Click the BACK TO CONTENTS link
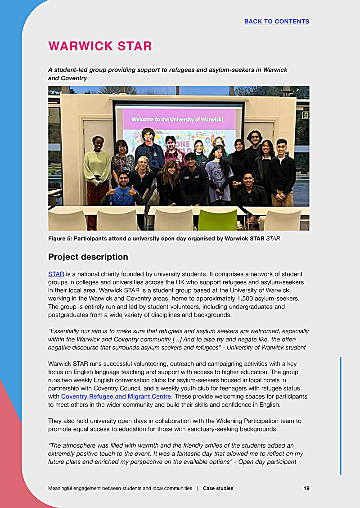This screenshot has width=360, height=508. (276, 21)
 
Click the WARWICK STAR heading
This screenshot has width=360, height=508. (100, 46)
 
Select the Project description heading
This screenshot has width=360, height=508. (88, 257)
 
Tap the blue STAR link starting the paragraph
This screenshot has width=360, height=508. (56, 274)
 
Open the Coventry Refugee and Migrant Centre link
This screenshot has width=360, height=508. (116, 396)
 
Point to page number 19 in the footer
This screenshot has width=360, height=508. (306, 488)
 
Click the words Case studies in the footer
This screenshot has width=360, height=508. (218, 488)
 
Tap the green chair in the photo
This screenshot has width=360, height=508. (217, 219)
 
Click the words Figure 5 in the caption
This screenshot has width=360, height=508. (59, 238)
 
